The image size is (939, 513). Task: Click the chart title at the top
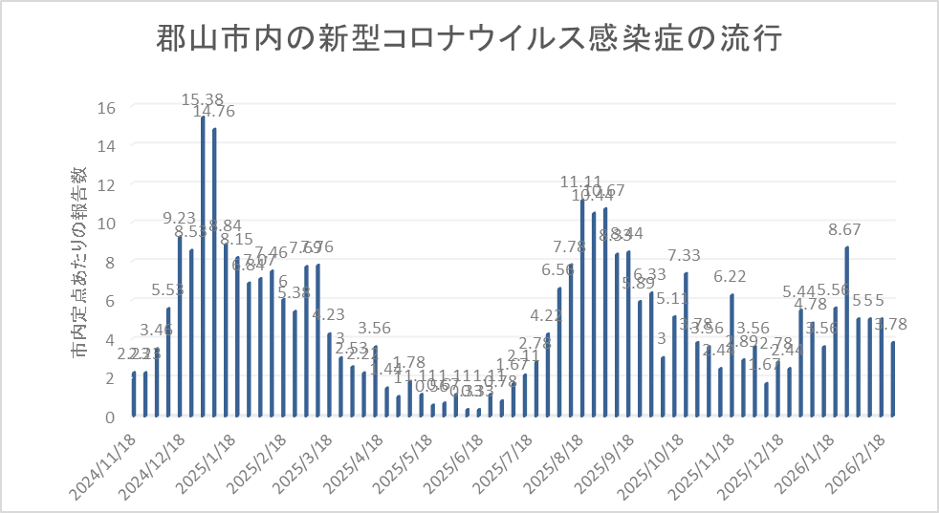tap(469, 40)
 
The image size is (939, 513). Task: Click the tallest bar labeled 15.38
tap(204, 267)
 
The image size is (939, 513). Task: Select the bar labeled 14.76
tap(215, 273)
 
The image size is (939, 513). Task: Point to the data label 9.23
tap(180, 218)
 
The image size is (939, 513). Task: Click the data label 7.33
tap(685, 255)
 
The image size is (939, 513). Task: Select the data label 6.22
tap(731, 276)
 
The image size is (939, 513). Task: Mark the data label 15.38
tap(204, 98)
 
